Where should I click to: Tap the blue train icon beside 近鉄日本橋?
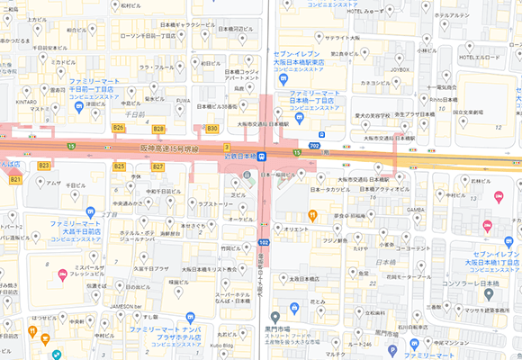(262, 157)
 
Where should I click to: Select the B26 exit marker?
(118, 128)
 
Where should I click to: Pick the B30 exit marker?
(212, 129)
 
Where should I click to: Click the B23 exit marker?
(43, 166)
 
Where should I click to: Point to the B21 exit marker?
(14, 180)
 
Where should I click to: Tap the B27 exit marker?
(157, 166)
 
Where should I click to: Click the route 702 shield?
(313, 145)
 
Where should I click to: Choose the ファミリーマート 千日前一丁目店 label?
(100, 85)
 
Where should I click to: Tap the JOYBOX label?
(400, 68)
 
